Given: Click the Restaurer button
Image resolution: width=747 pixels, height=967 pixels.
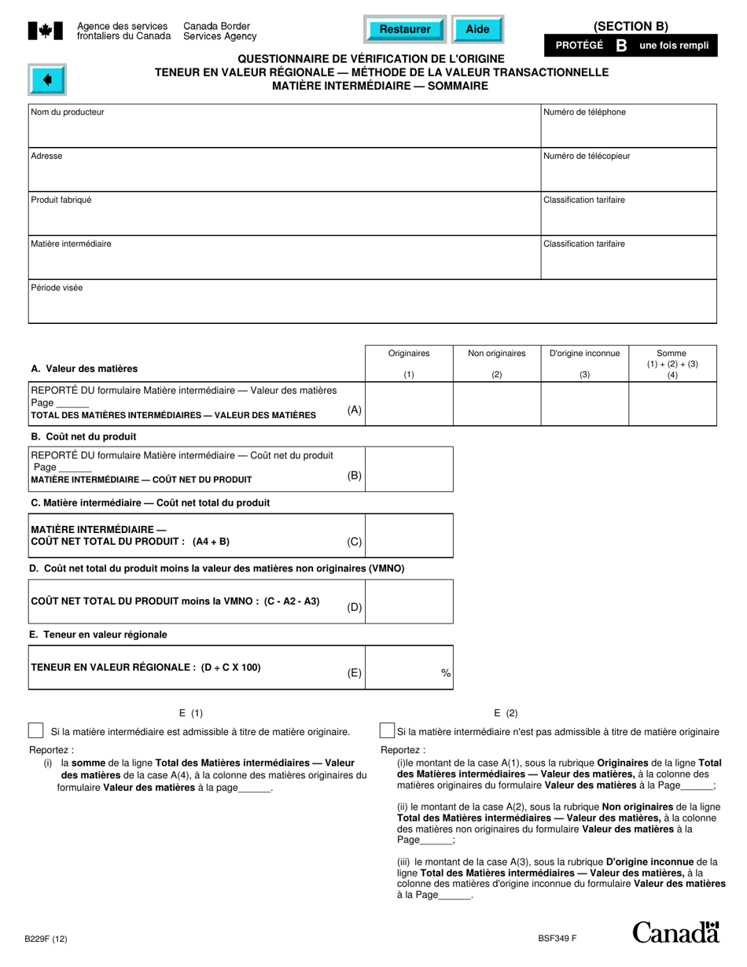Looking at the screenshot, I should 405,29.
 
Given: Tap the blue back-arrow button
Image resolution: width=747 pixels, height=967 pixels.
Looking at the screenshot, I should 48,79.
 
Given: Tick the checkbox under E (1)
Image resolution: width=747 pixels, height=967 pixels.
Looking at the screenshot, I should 36,731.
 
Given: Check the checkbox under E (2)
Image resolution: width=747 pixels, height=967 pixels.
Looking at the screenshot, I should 387,731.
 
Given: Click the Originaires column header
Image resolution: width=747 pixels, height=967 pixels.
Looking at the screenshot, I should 409,354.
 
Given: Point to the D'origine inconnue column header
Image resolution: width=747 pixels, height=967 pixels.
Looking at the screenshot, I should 584,354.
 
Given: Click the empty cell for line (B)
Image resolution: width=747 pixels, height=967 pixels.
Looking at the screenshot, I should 410,469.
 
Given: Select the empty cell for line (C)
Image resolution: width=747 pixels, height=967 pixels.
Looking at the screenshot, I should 410,535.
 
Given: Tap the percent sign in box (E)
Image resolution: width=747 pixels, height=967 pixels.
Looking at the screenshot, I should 446,673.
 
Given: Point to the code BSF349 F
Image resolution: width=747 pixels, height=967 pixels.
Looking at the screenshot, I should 557,937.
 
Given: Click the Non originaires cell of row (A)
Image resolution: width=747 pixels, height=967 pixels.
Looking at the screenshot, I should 497,404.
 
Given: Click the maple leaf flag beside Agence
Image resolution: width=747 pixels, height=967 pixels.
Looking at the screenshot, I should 46,31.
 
